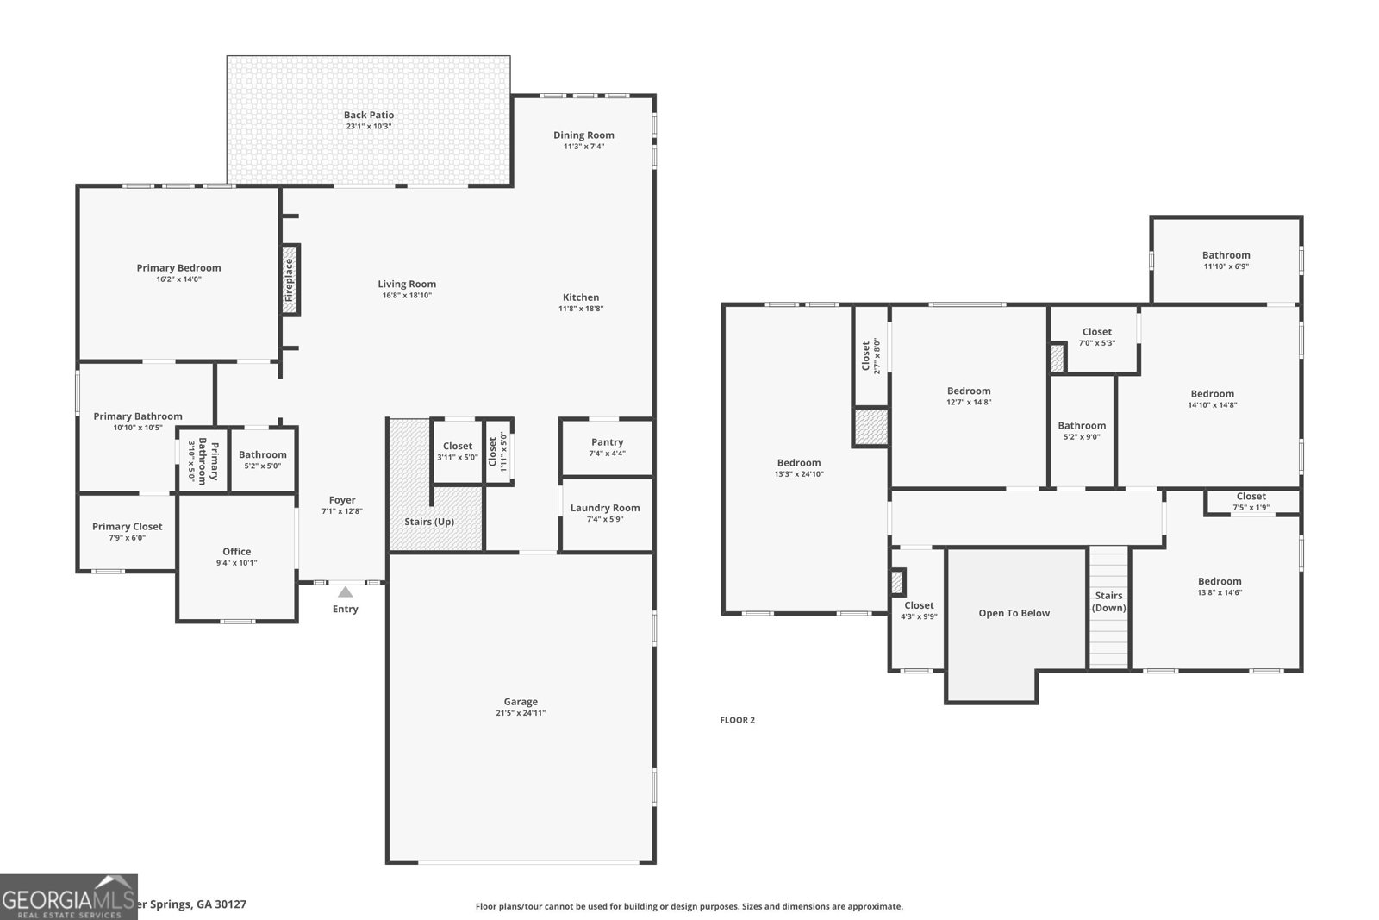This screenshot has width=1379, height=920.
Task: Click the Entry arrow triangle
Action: pos(345,592)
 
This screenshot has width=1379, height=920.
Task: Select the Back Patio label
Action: pos(369,116)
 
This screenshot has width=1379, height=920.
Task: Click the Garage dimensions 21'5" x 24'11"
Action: pos(521,713)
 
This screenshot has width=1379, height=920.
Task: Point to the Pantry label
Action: pos(607,442)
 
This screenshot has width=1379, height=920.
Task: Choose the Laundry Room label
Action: pos(605,508)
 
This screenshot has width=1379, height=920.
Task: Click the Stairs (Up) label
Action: pos(429,522)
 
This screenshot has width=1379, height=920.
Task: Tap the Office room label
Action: pos(237,552)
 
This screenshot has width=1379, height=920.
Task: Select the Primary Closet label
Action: pos(128,527)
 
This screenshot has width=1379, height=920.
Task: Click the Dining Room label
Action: pos(583,135)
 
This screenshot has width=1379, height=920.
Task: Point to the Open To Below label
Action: pos(1014,613)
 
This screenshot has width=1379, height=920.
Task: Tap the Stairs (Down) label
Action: pos(1108,602)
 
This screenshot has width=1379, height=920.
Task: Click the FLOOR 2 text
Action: pos(737,720)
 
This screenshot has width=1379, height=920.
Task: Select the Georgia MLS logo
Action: pos(68,897)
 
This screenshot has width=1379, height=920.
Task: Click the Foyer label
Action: pos(342,500)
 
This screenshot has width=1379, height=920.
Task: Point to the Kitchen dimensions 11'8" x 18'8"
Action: pos(581,309)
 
